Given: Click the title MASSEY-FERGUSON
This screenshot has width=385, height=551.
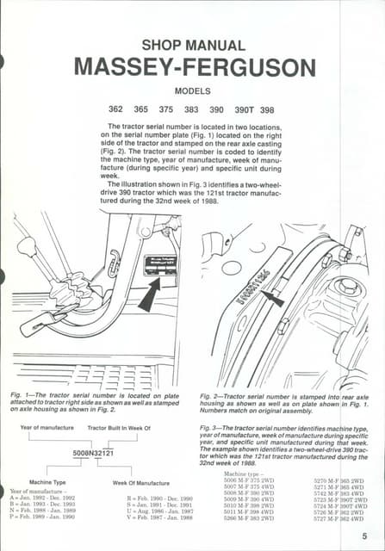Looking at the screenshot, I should tap(195, 66).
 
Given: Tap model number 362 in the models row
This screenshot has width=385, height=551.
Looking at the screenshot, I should tap(115, 109).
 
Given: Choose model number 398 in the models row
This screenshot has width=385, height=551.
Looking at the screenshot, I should tap(267, 109).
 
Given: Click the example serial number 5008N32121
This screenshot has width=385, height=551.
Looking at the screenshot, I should tap(91, 452).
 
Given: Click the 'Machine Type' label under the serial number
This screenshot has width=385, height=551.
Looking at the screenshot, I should tap(47, 482).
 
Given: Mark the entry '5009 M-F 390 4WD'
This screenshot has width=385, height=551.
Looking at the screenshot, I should tap(249, 498).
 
